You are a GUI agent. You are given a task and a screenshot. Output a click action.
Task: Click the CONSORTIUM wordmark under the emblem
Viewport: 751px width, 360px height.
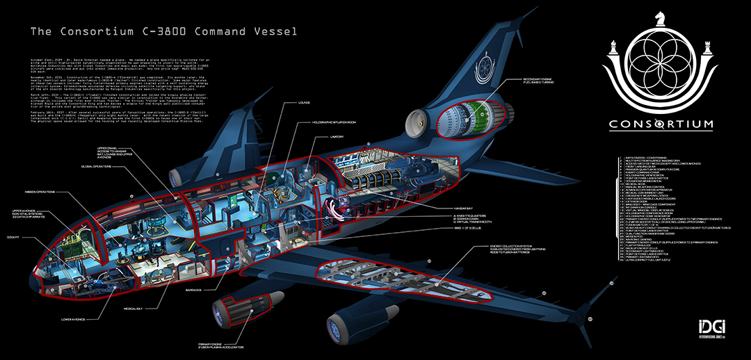[x=661, y=125]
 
